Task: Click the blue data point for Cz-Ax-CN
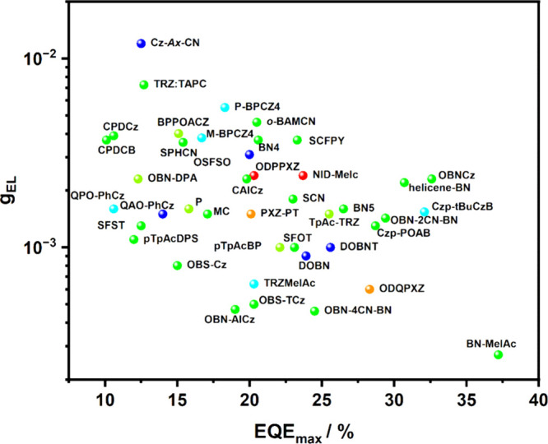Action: click(141, 43)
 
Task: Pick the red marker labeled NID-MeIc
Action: click(303, 175)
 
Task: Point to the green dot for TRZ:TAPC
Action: click(144, 85)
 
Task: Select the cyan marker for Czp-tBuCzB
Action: click(425, 211)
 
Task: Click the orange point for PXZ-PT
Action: click(251, 214)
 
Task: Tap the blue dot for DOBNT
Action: click(331, 247)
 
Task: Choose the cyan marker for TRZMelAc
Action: click(253, 284)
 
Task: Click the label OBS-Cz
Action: click(207, 266)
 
